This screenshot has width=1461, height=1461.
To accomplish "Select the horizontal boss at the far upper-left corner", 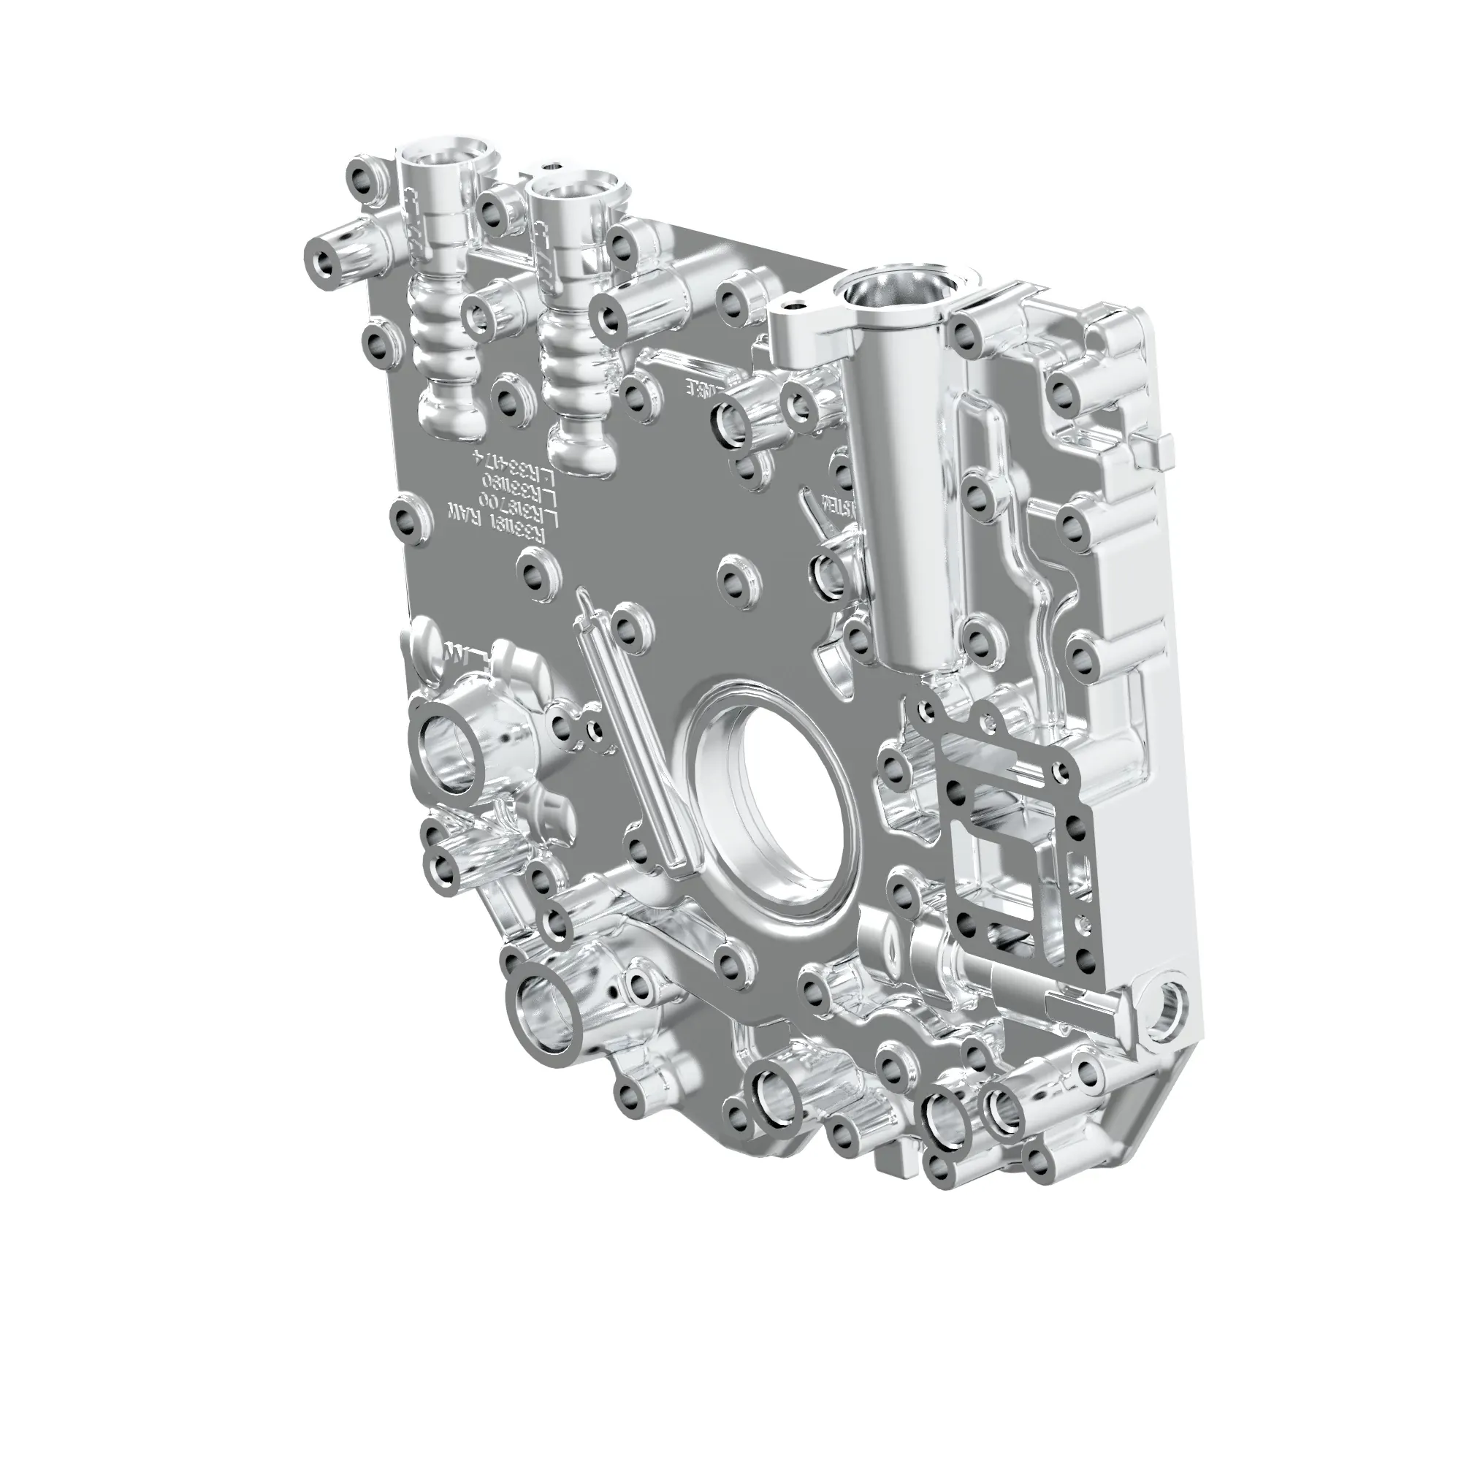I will [x=329, y=264].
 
